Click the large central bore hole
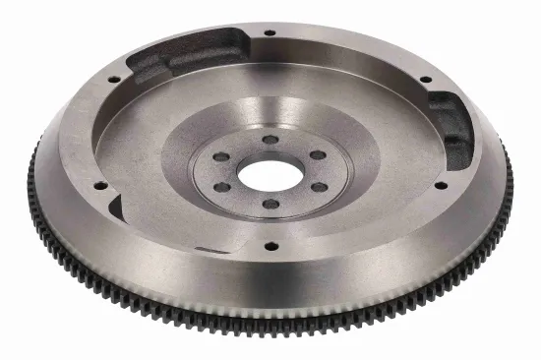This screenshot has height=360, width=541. click(270, 174)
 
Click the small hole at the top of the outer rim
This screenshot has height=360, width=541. click(270, 32)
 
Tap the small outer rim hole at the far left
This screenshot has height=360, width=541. click(99, 184)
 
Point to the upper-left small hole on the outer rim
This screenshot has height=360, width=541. click(114, 78)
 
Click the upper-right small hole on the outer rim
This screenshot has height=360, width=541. click(425, 78)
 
